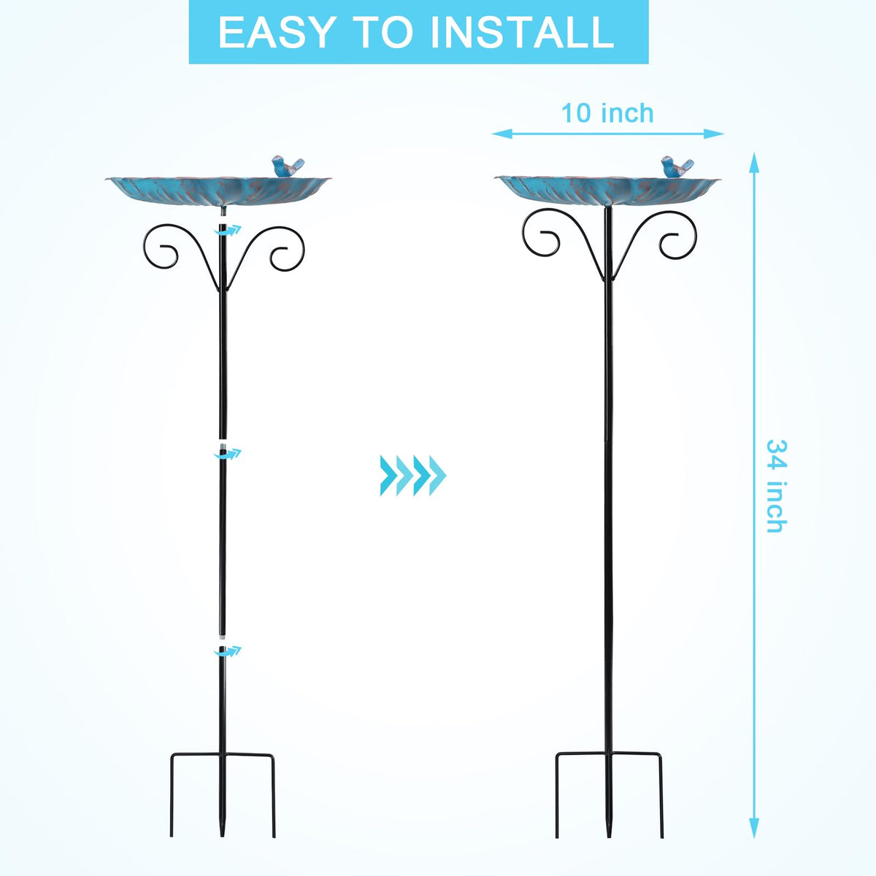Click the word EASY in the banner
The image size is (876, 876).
pyautogui.click(x=276, y=32)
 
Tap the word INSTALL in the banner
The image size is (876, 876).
pyautogui.click(x=522, y=32)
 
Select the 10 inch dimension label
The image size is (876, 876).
pyautogui.click(x=607, y=113)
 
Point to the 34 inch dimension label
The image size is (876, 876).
pyautogui.click(x=777, y=485)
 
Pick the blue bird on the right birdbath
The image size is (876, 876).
pyautogui.click(x=677, y=166)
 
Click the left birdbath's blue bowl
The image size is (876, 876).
pyautogui.click(x=219, y=192)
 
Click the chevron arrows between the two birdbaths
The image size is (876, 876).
pyautogui.click(x=412, y=475)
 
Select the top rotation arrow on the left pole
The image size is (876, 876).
pyautogui.click(x=228, y=231)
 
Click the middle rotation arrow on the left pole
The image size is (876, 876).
pyautogui.click(x=228, y=453)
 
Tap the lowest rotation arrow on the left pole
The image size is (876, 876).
pyautogui.click(x=228, y=651)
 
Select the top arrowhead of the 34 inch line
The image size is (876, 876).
pyautogui.click(x=754, y=163)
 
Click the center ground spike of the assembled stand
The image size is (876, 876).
pyautogui.click(x=608, y=796)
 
